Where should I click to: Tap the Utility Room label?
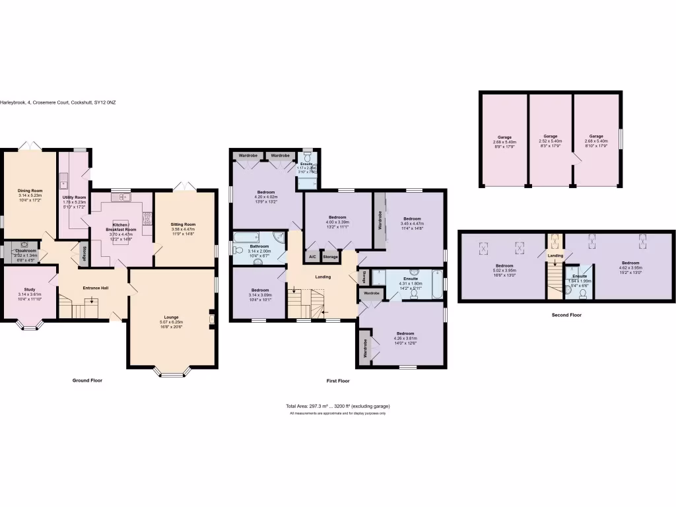75,197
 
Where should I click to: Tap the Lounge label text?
171,318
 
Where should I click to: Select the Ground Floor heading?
87,381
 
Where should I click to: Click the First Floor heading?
338,381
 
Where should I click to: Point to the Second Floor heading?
566,315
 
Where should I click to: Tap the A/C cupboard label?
311,257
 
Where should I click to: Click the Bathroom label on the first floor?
259,246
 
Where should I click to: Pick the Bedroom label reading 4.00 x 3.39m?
337,217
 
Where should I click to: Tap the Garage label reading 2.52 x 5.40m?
550,136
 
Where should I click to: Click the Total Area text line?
337,406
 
